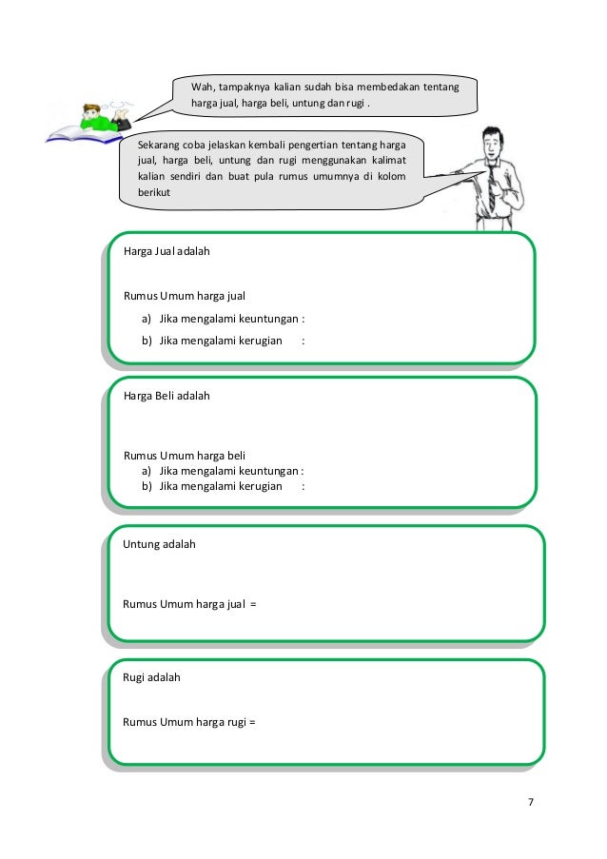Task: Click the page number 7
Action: (531, 802)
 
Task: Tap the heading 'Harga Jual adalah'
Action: (166, 252)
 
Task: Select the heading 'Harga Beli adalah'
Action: (166, 395)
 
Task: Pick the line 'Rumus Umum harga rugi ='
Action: (190, 721)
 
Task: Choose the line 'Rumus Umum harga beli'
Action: (185, 455)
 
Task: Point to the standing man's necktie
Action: (492, 185)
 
